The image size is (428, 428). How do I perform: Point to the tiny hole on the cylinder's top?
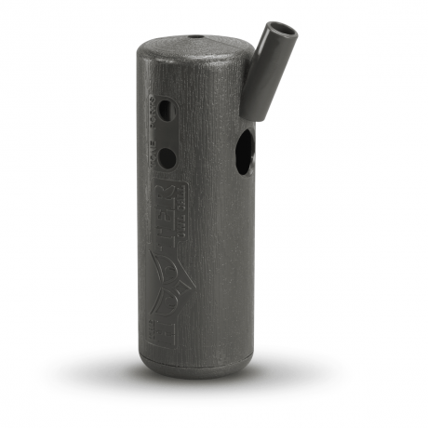click(195, 38)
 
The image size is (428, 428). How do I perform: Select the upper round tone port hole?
click(166, 111)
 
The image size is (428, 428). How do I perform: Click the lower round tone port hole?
click(166, 157)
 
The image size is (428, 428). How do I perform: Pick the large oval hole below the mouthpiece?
click(244, 154)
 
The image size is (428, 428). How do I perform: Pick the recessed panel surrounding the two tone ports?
click(165, 134)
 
